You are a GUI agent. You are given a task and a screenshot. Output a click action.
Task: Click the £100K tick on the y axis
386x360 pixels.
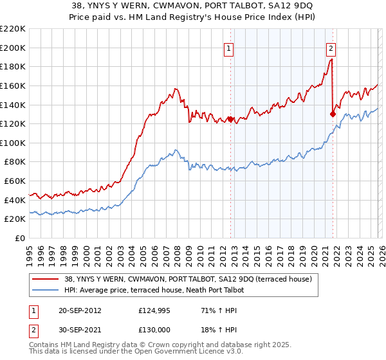tap(13, 143)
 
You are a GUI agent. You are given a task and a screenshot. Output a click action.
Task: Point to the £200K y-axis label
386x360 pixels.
tap(13, 48)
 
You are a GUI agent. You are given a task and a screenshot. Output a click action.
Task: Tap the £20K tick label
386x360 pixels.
tap(15, 219)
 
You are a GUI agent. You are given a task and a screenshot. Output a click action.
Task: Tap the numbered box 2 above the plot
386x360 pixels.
tap(331, 47)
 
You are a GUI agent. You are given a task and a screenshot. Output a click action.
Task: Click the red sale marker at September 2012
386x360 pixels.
tap(230, 119)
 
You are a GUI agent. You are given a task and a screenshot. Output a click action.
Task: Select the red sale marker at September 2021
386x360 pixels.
tap(333, 114)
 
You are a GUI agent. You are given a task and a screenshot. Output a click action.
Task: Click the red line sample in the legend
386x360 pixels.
tap(46, 279)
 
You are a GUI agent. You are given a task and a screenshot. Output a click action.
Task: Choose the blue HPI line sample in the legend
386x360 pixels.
tap(46, 290)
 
